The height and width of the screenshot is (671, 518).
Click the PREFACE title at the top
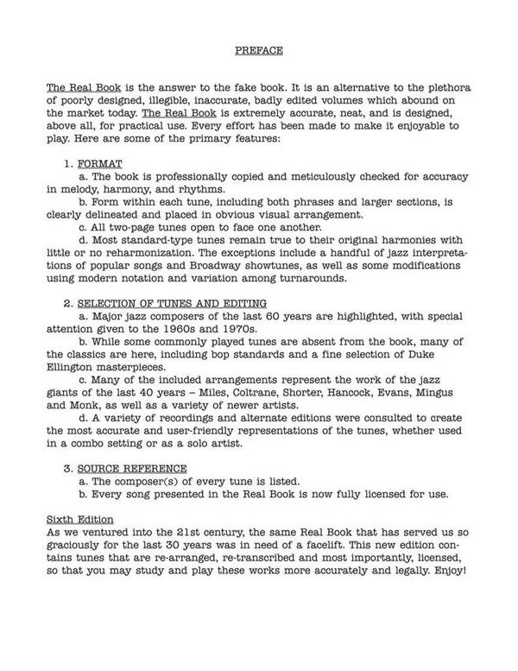(x=258, y=52)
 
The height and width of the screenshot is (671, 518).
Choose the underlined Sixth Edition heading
(x=79, y=521)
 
